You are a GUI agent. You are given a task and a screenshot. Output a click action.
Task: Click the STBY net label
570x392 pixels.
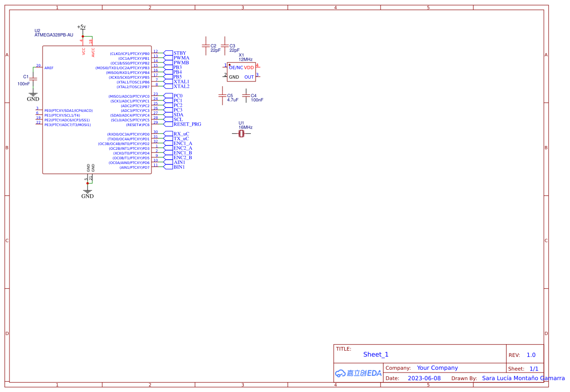click(179, 53)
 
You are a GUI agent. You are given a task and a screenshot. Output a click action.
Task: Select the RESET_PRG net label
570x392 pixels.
click(187, 124)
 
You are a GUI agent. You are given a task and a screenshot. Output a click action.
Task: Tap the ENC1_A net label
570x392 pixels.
click(183, 143)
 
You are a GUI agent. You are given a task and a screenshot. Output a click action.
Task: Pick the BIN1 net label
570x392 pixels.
click(179, 167)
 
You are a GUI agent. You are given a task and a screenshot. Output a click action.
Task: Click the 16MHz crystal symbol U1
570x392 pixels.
click(241, 134)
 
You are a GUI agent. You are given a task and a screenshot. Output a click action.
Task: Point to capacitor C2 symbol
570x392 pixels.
click(205, 46)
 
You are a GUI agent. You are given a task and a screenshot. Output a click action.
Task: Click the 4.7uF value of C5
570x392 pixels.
click(232, 100)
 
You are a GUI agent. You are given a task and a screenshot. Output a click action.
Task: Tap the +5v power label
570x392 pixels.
click(81, 27)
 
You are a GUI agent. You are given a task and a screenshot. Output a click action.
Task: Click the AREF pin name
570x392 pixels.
click(49, 68)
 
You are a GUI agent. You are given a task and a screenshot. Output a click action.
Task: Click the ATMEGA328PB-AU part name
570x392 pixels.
click(54, 35)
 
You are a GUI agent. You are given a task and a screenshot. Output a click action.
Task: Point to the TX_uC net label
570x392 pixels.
click(181, 138)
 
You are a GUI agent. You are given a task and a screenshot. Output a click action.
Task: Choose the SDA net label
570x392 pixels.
click(178, 115)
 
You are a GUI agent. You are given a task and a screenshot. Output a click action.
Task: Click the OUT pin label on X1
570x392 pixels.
click(249, 77)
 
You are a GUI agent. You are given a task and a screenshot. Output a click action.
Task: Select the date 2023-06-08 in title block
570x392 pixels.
click(424, 378)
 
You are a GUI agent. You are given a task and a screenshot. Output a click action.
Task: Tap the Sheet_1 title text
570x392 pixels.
click(376, 354)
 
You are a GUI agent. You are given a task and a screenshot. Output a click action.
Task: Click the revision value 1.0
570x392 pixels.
click(531, 355)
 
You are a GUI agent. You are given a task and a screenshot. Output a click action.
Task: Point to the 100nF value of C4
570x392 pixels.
click(257, 100)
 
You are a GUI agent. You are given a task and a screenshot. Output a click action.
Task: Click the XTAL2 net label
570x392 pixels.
click(181, 86)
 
